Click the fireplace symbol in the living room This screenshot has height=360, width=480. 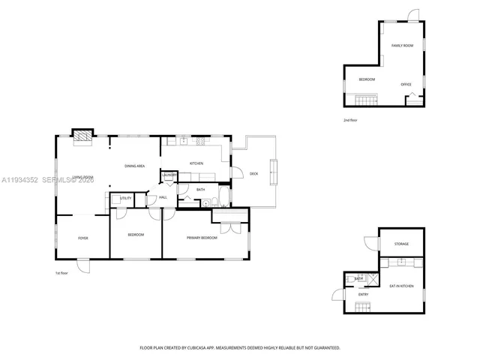pyautogui.click(x=81, y=136)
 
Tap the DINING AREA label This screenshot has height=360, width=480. pyautogui.click(x=134, y=166)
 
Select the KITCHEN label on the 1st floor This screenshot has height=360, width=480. pyautogui.click(x=196, y=163)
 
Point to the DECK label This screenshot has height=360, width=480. pyautogui.click(x=253, y=173)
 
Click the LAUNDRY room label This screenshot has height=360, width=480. pyautogui.click(x=169, y=176)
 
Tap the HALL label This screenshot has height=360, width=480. pyautogui.click(x=162, y=198)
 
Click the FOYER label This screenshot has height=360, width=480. pyautogui.click(x=83, y=238)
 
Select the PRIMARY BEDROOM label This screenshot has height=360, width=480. pyautogui.click(x=202, y=238)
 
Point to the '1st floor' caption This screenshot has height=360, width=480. pyautogui.click(x=61, y=273)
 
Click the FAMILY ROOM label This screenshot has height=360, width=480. pyautogui.click(x=402, y=46)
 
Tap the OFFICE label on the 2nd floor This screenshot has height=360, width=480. pyautogui.click(x=406, y=84)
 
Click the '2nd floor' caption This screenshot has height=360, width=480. pyautogui.click(x=350, y=120)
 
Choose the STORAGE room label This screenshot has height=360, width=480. pyautogui.click(x=402, y=244)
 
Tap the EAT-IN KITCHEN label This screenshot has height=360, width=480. pyautogui.click(x=401, y=286)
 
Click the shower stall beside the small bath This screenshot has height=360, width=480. pyautogui.click(x=372, y=278)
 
